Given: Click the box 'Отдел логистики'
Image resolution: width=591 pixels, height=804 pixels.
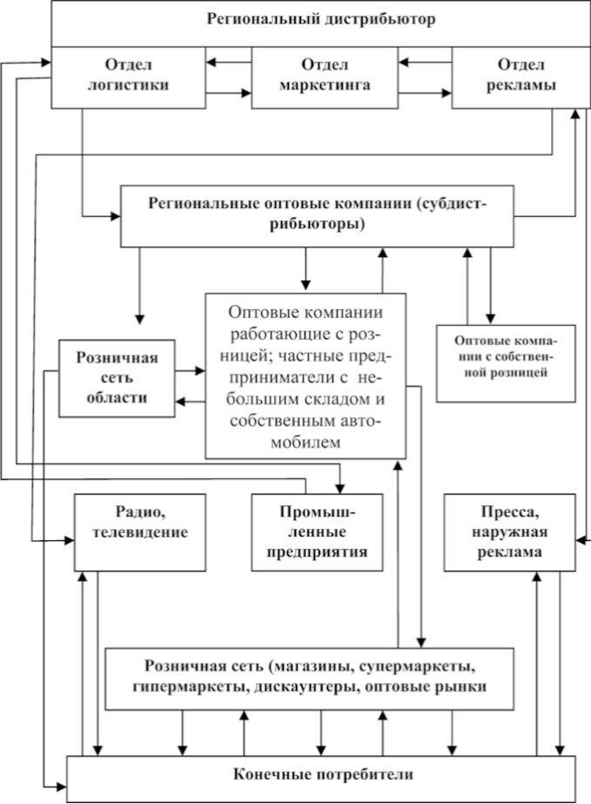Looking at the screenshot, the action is [128, 78].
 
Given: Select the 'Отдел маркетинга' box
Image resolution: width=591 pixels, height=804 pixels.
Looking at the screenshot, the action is [325, 78].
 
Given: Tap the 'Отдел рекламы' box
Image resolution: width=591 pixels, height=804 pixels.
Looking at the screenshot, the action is [520, 78].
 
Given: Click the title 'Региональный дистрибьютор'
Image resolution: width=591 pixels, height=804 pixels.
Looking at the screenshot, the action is [321, 19].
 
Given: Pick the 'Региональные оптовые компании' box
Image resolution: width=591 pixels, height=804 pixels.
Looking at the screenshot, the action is [318, 216].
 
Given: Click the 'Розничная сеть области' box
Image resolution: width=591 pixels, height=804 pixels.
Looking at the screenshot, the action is [117, 378].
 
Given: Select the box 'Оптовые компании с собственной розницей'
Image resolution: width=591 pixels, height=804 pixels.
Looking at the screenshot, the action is [506, 363].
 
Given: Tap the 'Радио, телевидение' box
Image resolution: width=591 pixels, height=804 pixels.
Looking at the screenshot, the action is [140, 532].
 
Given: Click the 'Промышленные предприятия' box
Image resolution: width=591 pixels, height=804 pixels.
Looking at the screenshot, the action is [318, 532].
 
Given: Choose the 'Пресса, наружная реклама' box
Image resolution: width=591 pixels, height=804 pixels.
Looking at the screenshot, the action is [509, 532].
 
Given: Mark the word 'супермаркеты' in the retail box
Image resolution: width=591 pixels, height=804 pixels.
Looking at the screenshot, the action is [416, 666].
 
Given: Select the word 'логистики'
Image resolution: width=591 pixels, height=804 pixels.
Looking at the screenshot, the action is [128, 85].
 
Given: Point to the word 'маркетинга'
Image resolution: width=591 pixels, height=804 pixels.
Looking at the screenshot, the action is [325, 85].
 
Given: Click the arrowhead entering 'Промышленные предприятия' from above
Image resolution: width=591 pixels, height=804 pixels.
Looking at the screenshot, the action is [339, 488].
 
